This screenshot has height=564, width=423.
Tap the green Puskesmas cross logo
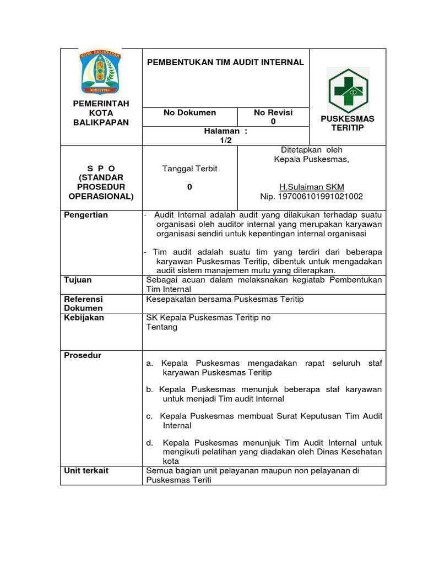(348, 90)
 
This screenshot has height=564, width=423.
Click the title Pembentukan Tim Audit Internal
(225, 62)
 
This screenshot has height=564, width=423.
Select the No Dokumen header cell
(189, 113)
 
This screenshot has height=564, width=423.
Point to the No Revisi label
(273, 113)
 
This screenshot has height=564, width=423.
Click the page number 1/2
(226, 140)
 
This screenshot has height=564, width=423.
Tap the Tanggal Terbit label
(189, 169)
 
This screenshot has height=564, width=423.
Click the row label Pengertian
(86, 215)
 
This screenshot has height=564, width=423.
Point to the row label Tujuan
(78, 280)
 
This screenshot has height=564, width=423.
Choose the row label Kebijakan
(84, 318)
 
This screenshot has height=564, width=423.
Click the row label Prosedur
(83, 356)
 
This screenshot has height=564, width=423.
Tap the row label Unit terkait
(86, 470)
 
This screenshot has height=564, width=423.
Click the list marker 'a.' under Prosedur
(149, 364)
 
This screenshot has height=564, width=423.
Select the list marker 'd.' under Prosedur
(149, 443)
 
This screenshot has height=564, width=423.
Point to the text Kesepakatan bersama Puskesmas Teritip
(225, 299)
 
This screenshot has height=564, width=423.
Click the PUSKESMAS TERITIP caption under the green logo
(347, 123)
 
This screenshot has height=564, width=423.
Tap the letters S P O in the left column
(101, 168)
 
